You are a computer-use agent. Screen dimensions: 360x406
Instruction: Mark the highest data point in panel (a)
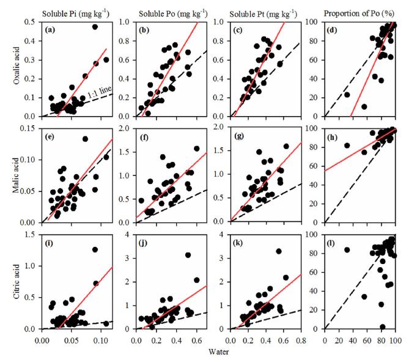coord(95,27)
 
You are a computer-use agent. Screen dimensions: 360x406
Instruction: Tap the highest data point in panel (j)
coord(188,255)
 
